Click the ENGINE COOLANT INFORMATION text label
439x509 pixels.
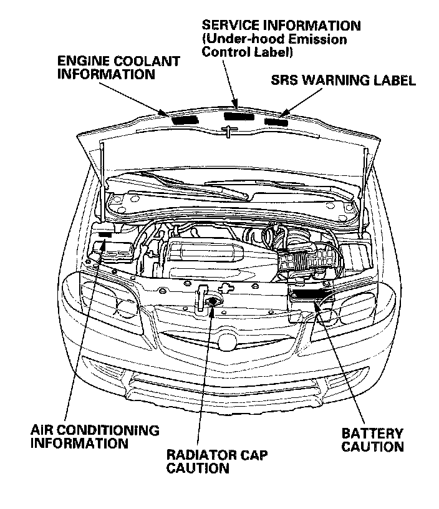[x=118, y=68]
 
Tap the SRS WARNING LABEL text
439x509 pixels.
[x=343, y=81]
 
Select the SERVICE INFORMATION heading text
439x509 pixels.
[x=281, y=26]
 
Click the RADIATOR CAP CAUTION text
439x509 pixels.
[x=217, y=461]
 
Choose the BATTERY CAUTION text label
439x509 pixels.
[x=373, y=440]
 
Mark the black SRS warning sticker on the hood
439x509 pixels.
[x=276, y=120]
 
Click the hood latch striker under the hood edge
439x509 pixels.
[x=229, y=131]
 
